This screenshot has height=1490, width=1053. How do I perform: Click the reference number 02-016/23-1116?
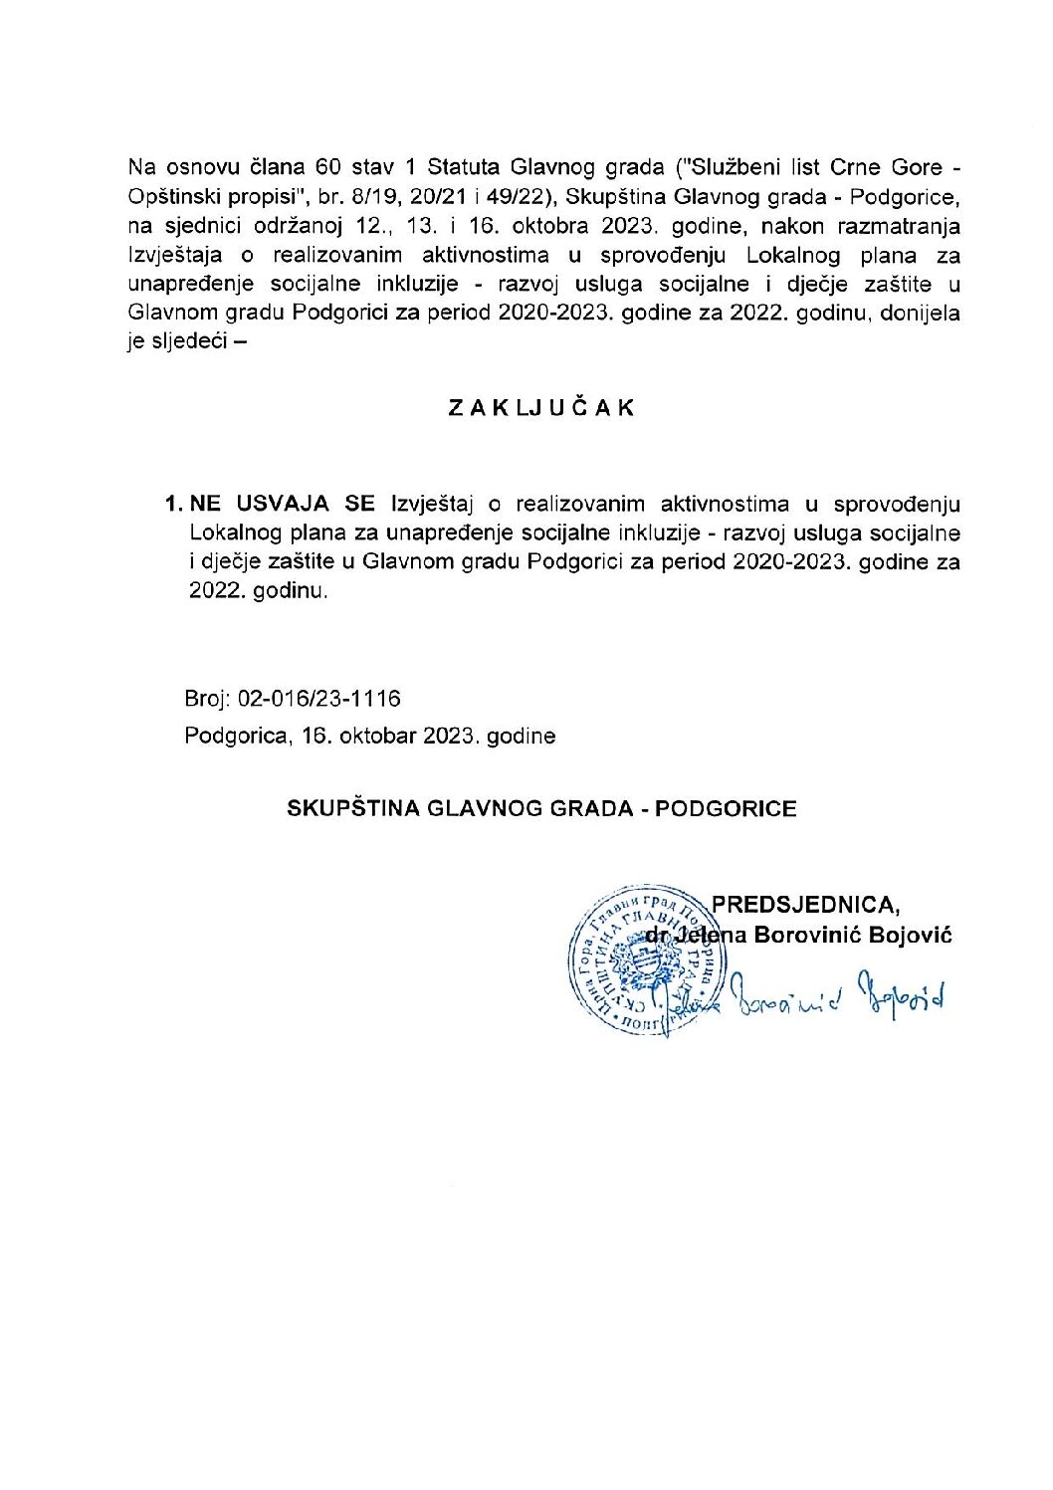coord(319,700)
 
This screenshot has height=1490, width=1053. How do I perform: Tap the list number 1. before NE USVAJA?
coord(175,504)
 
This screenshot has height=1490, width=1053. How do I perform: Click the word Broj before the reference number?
coord(206,700)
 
